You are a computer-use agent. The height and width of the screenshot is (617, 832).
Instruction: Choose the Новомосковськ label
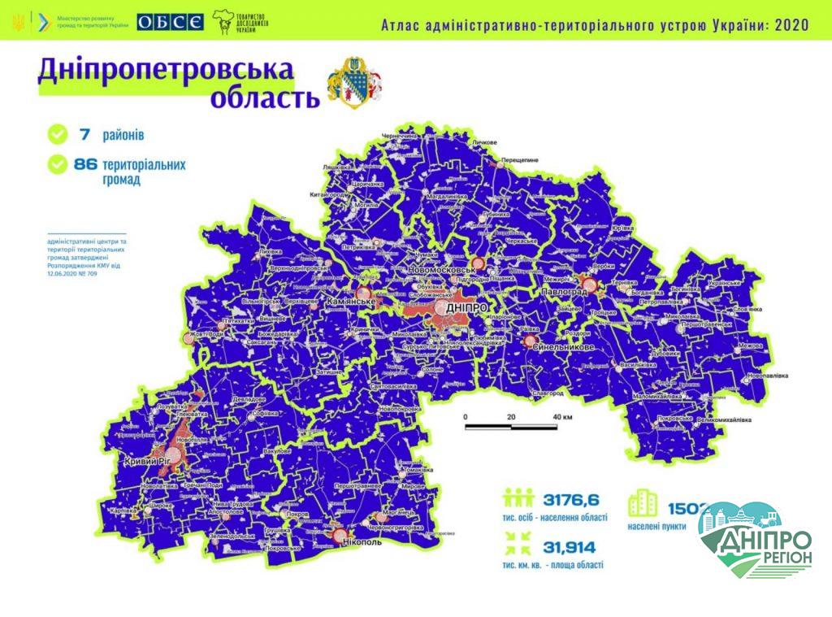[444, 270]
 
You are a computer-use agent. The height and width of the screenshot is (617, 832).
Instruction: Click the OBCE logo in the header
[170, 22]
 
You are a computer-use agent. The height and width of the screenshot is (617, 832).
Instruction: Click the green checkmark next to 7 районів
[58, 132]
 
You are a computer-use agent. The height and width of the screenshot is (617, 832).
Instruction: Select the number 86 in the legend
[85, 164]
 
